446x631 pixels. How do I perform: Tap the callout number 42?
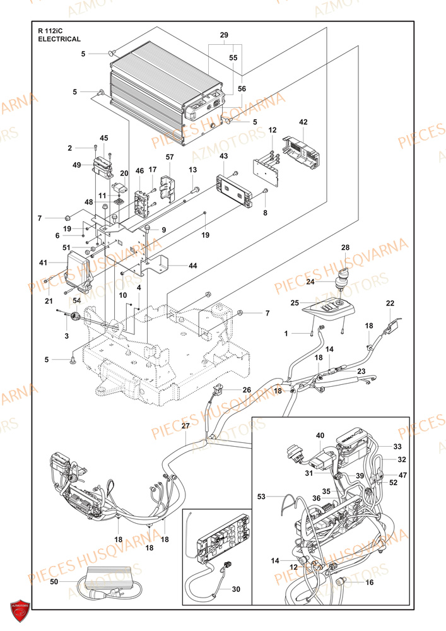tap(303, 122)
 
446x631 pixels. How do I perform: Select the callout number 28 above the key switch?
tap(345, 247)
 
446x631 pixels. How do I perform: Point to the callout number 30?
tap(236, 589)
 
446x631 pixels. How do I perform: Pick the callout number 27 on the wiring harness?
tap(185, 427)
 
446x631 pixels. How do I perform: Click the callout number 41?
tap(43, 262)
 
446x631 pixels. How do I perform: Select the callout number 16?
tap(370, 582)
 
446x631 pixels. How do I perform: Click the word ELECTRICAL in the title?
tap(59, 39)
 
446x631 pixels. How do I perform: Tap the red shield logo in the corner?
tap(18, 609)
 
